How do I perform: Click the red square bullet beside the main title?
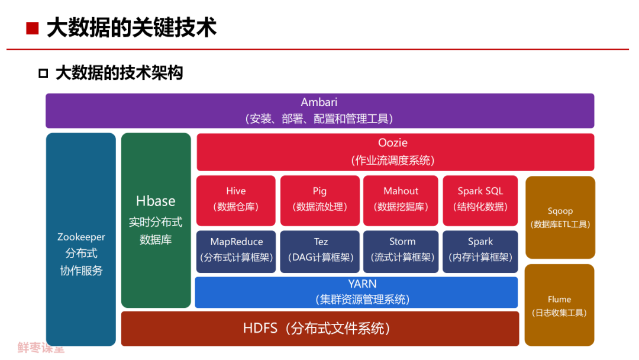[x=32, y=28]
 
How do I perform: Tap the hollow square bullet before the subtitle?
[x=43, y=73]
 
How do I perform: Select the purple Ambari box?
[x=320, y=111]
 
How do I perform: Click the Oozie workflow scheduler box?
[x=395, y=152]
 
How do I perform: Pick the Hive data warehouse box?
[x=236, y=201]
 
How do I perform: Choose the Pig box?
[x=320, y=201]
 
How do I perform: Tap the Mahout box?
[x=401, y=201]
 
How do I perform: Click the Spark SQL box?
[x=480, y=201]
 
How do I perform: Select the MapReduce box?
[x=236, y=252]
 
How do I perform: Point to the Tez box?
[x=320, y=252]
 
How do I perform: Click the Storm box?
[x=401, y=252]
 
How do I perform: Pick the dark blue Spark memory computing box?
[x=480, y=252]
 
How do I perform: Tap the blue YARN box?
[x=356, y=292]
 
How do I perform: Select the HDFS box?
[x=320, y=329]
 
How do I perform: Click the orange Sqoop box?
[x=560, y=217]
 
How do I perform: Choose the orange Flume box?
[x=560, y=305]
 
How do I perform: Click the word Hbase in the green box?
[x=156, y=201]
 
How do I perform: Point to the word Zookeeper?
[x=81, y=237]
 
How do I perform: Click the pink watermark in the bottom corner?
[x=41, y=348]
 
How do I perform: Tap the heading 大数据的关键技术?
[x=131, y=28]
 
